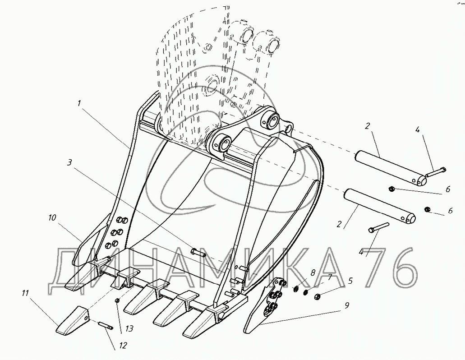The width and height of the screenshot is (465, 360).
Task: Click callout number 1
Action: pos(79,103)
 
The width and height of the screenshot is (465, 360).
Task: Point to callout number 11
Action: pos(25,293)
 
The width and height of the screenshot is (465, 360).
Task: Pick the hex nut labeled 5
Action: pos(317,296)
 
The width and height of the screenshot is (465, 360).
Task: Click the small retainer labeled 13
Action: pos(117,301)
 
